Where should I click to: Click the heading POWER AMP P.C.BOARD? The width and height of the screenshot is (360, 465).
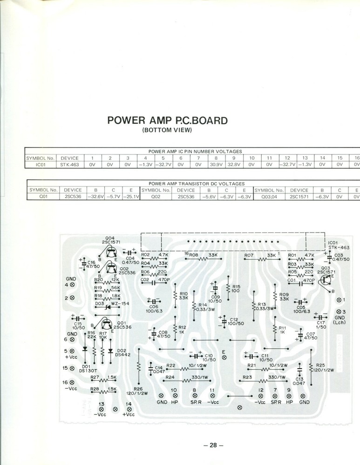point(167,120)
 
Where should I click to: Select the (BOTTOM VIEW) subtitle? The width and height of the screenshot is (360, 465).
point(167,130)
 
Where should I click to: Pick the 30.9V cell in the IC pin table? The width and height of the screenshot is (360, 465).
point(216,164)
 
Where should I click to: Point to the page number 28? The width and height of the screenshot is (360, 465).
point(213,445)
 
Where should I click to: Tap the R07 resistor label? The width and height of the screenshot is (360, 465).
point(249,255)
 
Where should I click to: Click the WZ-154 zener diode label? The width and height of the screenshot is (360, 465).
point(120,303)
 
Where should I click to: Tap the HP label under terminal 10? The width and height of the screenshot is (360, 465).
point(175,402)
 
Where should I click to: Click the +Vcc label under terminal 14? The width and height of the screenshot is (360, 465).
point(129,414)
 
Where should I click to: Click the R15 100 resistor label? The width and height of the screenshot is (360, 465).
point(236,288)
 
